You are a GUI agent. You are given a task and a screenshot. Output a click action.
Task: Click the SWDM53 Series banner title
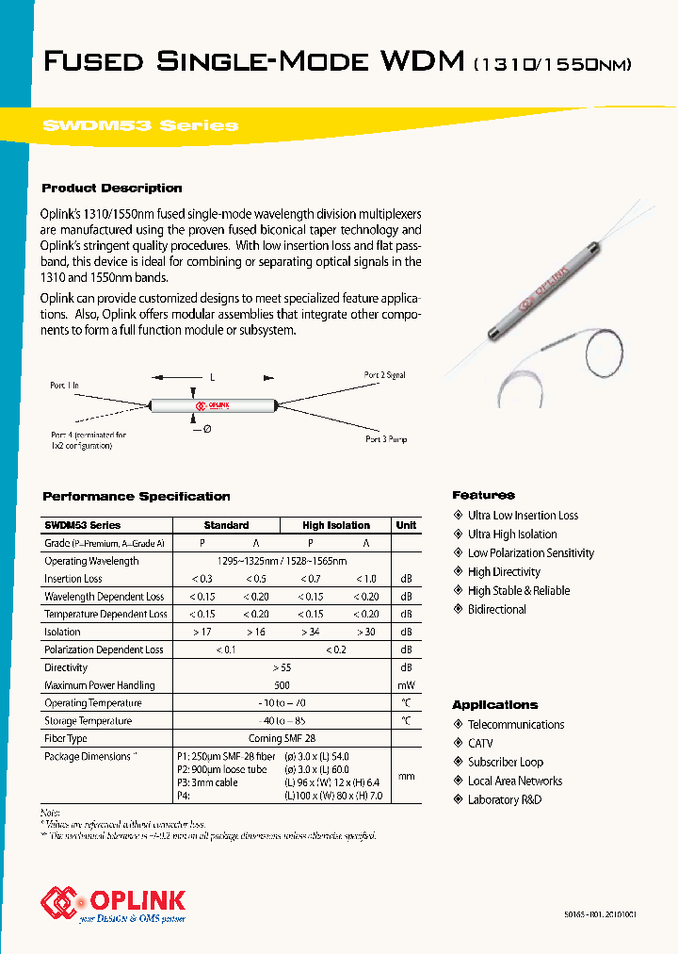140,125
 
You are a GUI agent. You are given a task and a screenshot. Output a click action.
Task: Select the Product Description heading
112,189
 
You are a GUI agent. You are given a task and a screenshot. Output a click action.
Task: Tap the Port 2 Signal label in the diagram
384,375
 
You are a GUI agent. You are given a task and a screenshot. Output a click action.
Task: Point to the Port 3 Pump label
385,439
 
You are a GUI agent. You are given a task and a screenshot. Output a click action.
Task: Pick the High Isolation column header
336,525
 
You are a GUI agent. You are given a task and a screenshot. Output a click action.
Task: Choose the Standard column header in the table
226,525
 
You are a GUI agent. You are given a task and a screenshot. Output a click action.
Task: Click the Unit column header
406,525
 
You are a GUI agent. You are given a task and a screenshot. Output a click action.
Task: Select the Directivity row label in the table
66,667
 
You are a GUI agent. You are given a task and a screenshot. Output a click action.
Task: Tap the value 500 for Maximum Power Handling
282,685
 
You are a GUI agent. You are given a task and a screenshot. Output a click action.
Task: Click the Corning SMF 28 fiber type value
282,739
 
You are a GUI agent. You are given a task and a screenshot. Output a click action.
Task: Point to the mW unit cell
406,685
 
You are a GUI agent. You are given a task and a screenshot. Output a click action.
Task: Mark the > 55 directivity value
282,667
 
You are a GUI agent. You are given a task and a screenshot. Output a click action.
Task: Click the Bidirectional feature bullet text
497,610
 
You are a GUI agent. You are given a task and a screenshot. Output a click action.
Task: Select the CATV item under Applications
480,744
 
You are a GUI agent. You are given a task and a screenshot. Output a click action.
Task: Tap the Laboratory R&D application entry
505,800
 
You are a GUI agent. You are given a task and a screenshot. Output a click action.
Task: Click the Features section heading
483,495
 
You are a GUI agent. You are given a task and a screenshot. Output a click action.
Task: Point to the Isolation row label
62,632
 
